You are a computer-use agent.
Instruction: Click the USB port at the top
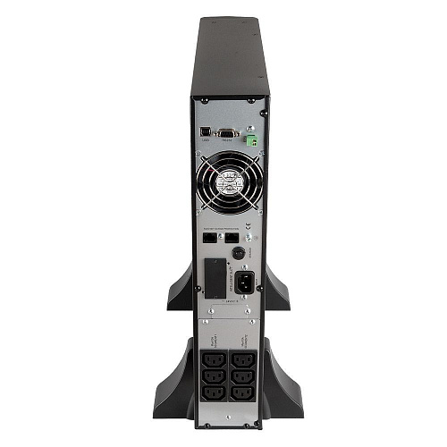pyautogui.click(x=206, y=132)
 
